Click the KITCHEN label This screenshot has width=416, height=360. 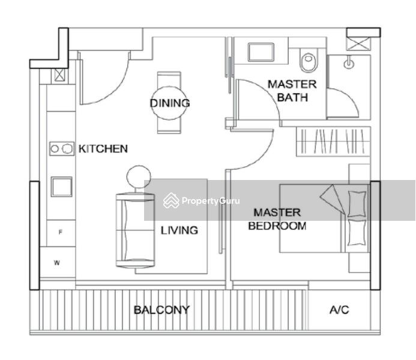tap(103, 149)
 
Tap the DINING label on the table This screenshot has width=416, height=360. tap(170, 103)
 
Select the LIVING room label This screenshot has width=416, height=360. tap(179, 230)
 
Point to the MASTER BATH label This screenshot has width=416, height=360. tap(292, 91)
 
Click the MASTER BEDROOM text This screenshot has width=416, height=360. tap(277, 219)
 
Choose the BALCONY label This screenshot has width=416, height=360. tap(161, 310)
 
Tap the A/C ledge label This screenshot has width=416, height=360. tap(339, 310)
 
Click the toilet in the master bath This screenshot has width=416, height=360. tap(308, 60)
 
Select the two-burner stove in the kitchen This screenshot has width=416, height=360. tap(62, 149)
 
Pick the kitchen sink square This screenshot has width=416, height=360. tap(62, 187)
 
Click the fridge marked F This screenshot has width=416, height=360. tap(61, 233)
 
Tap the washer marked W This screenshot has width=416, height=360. tap(57, 262)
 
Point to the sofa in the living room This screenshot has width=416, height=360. tap(135, 230)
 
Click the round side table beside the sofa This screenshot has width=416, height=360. tap(139, 177)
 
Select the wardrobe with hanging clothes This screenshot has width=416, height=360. tap(333, 141)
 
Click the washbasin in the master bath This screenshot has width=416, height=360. tap(261, 52)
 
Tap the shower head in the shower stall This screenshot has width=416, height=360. tap(349, 64)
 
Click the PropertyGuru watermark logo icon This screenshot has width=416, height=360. tap(171, 200)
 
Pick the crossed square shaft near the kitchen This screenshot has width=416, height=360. tap(59, 75)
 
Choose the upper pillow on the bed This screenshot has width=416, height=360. tap(357, 203)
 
